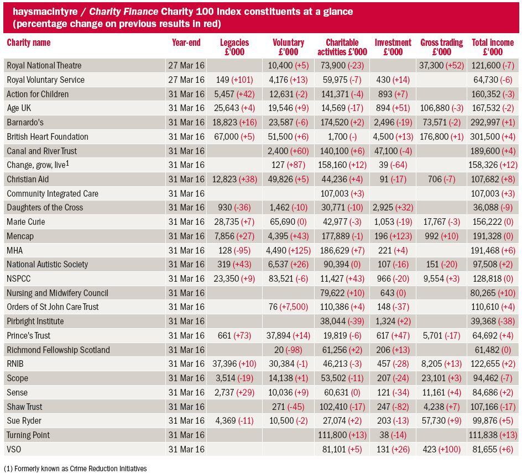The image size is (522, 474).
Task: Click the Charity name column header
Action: (x=29, y=43)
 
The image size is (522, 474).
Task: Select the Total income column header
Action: (x=493, y=47)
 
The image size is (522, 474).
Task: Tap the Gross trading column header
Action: (x=441, y=47)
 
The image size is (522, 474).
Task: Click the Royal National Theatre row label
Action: (x=44, y=66)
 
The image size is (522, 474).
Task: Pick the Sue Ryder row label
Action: (x=24, y=421)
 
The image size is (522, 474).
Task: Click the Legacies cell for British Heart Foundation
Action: (x=234, y=136)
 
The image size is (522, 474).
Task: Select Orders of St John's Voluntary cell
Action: (x=288, y=307)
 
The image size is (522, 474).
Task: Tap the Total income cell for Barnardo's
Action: (x=493, y=123)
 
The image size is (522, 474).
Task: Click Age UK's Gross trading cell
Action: (x=441, y=108)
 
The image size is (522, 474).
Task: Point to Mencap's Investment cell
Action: (x=393, y=236)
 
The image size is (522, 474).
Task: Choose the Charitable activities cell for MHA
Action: (x=342, y=250)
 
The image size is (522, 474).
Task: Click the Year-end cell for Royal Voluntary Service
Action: (x=186, y=80)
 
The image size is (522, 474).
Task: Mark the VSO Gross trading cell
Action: (x=441, y=449)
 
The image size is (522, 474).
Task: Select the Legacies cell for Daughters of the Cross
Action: (x=234, y=208)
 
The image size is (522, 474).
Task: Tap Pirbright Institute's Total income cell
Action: (x=493, y=322)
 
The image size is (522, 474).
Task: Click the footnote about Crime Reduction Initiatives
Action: (x=75, y=468)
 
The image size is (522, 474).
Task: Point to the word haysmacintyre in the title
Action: (x=45, y=12)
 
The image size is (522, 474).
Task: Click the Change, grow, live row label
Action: (x=38, y=165)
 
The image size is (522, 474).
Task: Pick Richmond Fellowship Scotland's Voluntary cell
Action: (x=288, y=350)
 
